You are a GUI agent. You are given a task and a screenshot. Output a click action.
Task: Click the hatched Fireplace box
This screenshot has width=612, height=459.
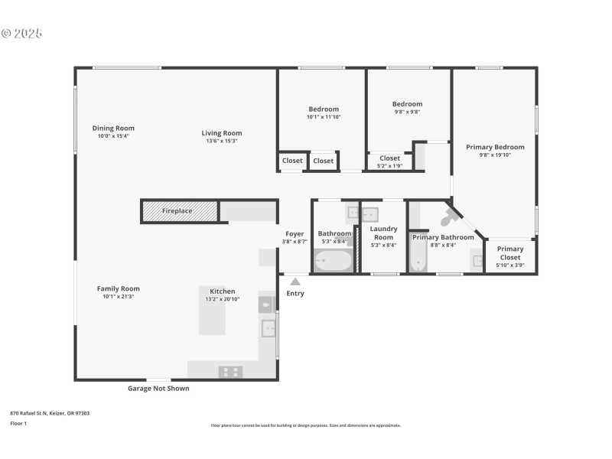tap(181, 211)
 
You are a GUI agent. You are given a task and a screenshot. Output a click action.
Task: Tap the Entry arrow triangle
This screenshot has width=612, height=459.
tap(295, 282)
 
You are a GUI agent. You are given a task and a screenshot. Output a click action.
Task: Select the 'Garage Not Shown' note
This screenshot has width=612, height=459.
tap(158, 389)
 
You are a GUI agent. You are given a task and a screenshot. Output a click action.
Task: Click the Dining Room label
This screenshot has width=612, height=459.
tap(113, 129)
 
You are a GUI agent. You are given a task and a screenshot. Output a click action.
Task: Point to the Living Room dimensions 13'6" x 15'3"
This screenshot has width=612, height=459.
tap(222, 142)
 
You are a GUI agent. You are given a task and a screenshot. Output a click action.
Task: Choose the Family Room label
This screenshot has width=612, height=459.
tap(118, 288)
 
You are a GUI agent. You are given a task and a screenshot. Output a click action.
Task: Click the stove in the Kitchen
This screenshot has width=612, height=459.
tap(231, 372)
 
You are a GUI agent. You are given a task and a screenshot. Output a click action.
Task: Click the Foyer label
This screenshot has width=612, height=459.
tap(295, 234)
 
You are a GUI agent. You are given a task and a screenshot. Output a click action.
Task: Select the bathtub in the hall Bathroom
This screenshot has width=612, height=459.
tap(333, 262)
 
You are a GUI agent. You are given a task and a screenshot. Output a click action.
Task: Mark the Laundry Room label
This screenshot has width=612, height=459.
tap(383, 233)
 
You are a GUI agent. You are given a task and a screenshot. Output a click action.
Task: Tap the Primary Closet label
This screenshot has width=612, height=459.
tap(510, 252)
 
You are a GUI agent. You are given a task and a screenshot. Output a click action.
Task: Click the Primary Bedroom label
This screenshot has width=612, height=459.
tap(495, 147)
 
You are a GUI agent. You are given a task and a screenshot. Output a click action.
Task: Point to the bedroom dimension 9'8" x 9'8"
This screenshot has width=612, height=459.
tap(407, 112)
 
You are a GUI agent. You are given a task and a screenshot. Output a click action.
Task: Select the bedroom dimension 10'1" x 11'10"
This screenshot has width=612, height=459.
tap(323, 117)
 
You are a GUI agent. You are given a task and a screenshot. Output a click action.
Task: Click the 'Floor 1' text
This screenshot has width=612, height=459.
tap(18, 423)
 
